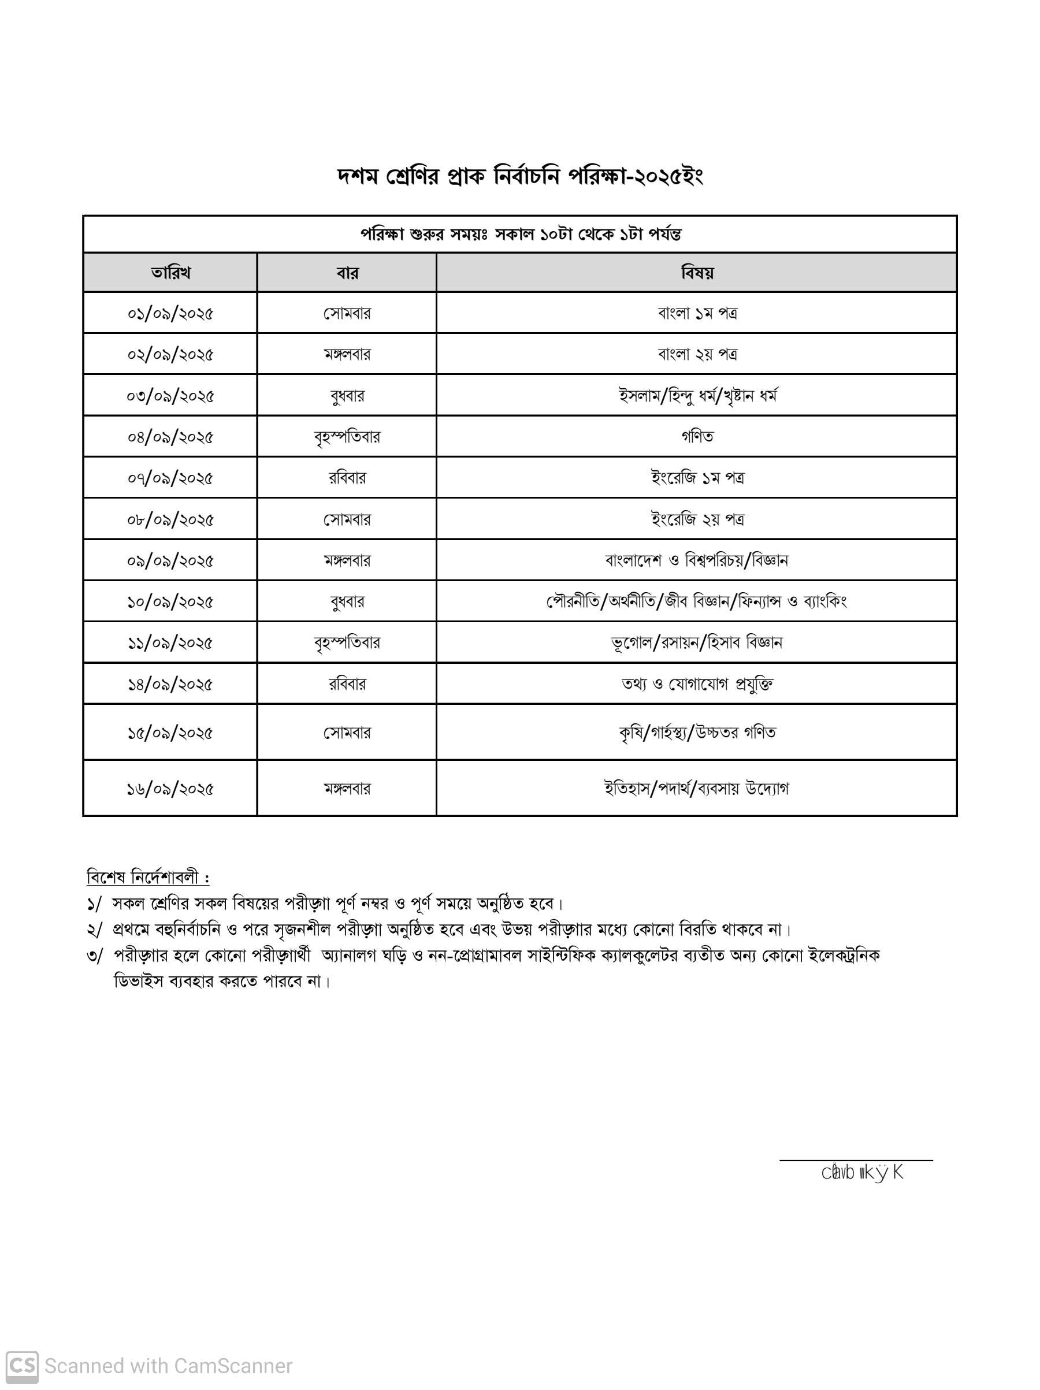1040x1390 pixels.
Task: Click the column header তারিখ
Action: (170, 273)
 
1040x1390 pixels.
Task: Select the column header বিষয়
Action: (697, 273)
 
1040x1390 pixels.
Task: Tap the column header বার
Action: (347, 273)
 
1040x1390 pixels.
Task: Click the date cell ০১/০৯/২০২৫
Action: (170, 313)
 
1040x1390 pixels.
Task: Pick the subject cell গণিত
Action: (697, 436)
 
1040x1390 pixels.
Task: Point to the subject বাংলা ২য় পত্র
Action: (697, 354)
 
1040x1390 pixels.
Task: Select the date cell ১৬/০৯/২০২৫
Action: (170, 789)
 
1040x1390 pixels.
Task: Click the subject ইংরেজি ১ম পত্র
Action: (697, 478)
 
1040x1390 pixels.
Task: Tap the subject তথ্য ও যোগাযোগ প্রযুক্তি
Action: (697, 683)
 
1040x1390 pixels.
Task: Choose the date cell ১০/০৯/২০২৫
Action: (170, 601)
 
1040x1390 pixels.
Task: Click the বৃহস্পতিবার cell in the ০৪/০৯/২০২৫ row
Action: (347, 436)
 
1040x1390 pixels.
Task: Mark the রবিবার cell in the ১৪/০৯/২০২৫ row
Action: (347, 683)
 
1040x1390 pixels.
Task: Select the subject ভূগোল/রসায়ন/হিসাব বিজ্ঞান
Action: (697, 642)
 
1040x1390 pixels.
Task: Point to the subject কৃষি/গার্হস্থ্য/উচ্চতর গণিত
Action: (697, 732)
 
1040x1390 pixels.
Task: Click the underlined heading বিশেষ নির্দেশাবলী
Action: (148, 876)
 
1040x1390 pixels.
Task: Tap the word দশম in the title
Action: (358, 177)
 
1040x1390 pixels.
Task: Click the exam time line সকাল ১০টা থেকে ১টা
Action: (521, 235)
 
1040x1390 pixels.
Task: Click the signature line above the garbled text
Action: (855, 1160)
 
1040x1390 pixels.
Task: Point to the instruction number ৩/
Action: (94, 956)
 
